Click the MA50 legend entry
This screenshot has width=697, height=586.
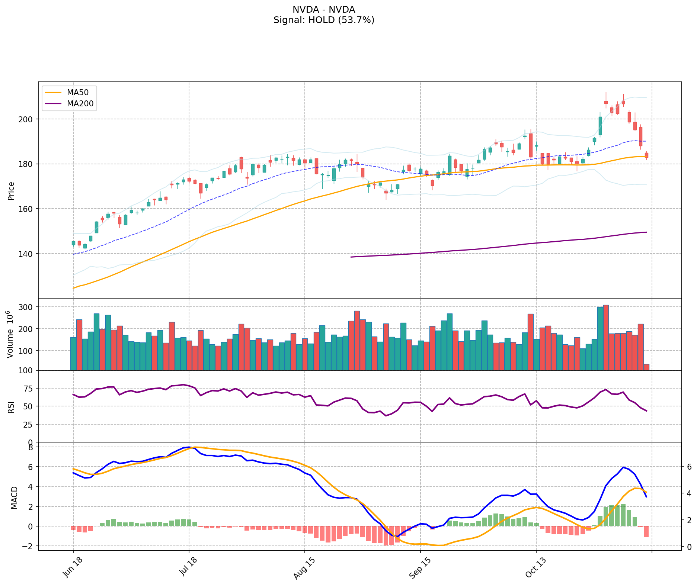(x=77, y=93)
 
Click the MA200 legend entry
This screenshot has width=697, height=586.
(x=80, y=104)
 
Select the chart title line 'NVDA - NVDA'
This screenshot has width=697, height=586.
(x=324, y=10)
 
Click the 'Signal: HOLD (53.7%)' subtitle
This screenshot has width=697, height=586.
(x=324, y=20)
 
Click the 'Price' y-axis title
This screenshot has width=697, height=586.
(x=11, y=191)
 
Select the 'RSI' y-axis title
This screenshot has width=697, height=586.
(x=11, y=407)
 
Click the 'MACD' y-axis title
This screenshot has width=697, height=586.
(x=14, y=498)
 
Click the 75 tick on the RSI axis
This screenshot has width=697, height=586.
(x=30, y=389)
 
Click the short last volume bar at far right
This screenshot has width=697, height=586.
(x=646, y=367)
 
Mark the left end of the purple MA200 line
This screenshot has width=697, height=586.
(x=351, y=257)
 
